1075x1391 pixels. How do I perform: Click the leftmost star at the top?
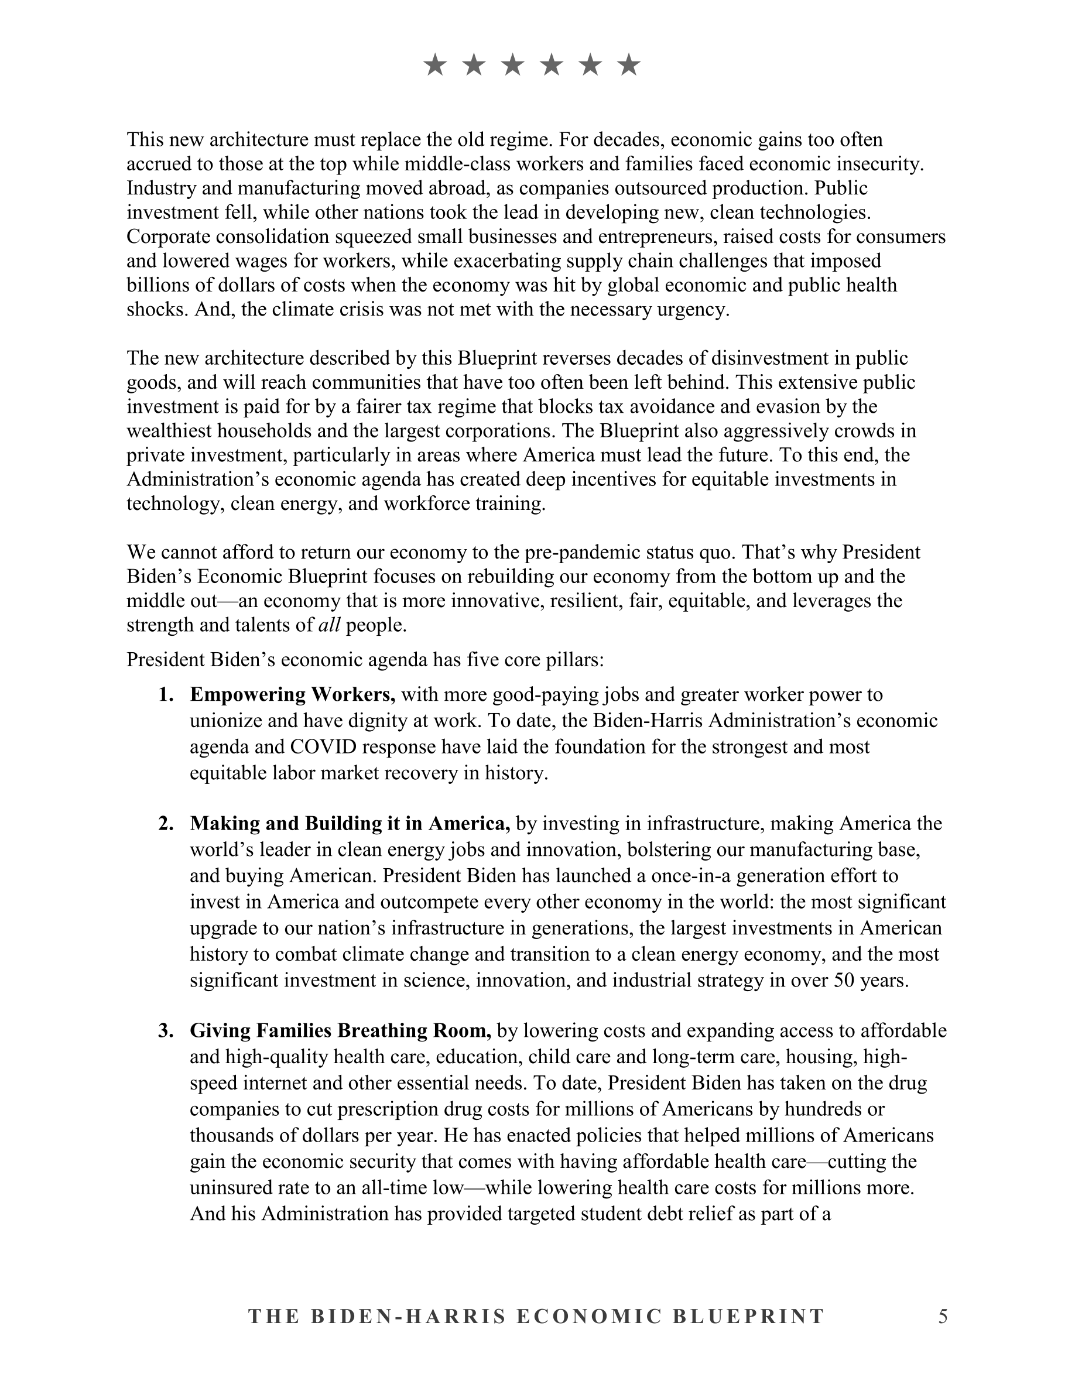pos(435,65)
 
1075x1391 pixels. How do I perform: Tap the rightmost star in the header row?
pos(629,65)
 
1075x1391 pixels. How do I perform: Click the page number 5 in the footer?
pos(943,1316)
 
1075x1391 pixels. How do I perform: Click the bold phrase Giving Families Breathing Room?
pos(340,1030)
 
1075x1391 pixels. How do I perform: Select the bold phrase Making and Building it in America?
pos(350,824)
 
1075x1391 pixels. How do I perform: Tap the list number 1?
pos(166,694)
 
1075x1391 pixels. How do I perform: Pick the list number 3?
pos(166,1030)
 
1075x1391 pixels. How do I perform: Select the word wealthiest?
pos(169,431)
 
